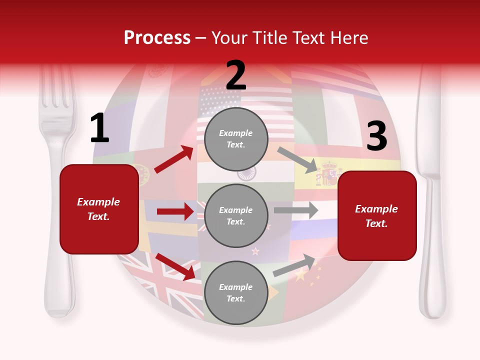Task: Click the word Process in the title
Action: coord(157,38)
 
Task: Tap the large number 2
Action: coord(235,75)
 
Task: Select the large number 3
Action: coord(376,136)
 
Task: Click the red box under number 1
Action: coord(99,209)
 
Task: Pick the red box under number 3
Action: coord(377,215)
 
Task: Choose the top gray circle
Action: coord(236,139)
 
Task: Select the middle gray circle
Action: coord(236,215)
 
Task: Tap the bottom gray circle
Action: coord(236,292)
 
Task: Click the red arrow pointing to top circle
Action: coord(173,159)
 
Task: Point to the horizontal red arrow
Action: coord(175,211)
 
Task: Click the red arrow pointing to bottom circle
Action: coord(175,266)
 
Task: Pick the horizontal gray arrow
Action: coord(295,210)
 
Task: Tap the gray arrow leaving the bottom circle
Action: coord(294,265)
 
